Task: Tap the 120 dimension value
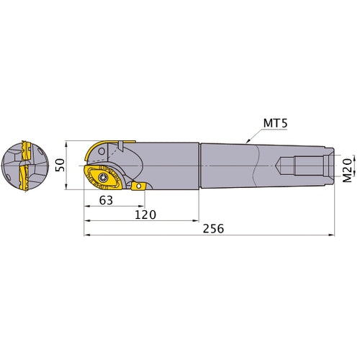coord(145,215)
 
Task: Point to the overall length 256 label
coord(213,228)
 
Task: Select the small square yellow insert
coord(138,186)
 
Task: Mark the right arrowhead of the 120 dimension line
coord(199,221)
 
